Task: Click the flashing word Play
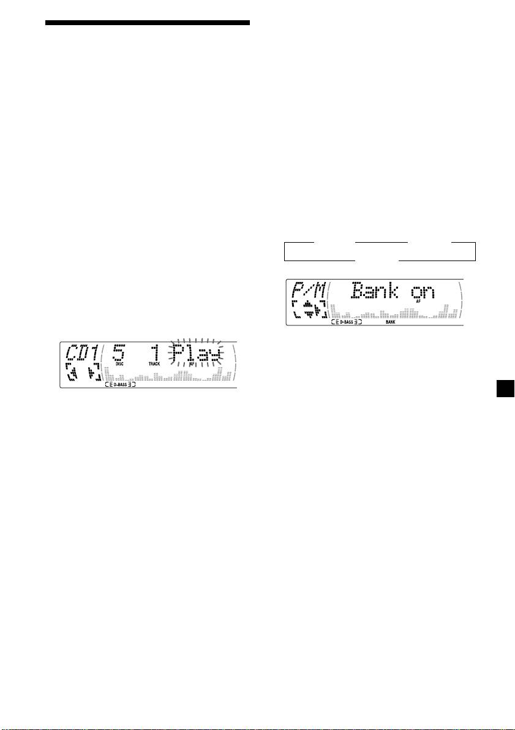(x=194, y=352)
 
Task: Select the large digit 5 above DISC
(x=119, y=352)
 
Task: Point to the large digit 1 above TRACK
(x=154, y=352)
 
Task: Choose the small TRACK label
(x=154, y=363)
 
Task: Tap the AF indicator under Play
(x=192, y=363)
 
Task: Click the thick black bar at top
(x=148, y=23)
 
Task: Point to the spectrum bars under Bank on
(x=393, y=311)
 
